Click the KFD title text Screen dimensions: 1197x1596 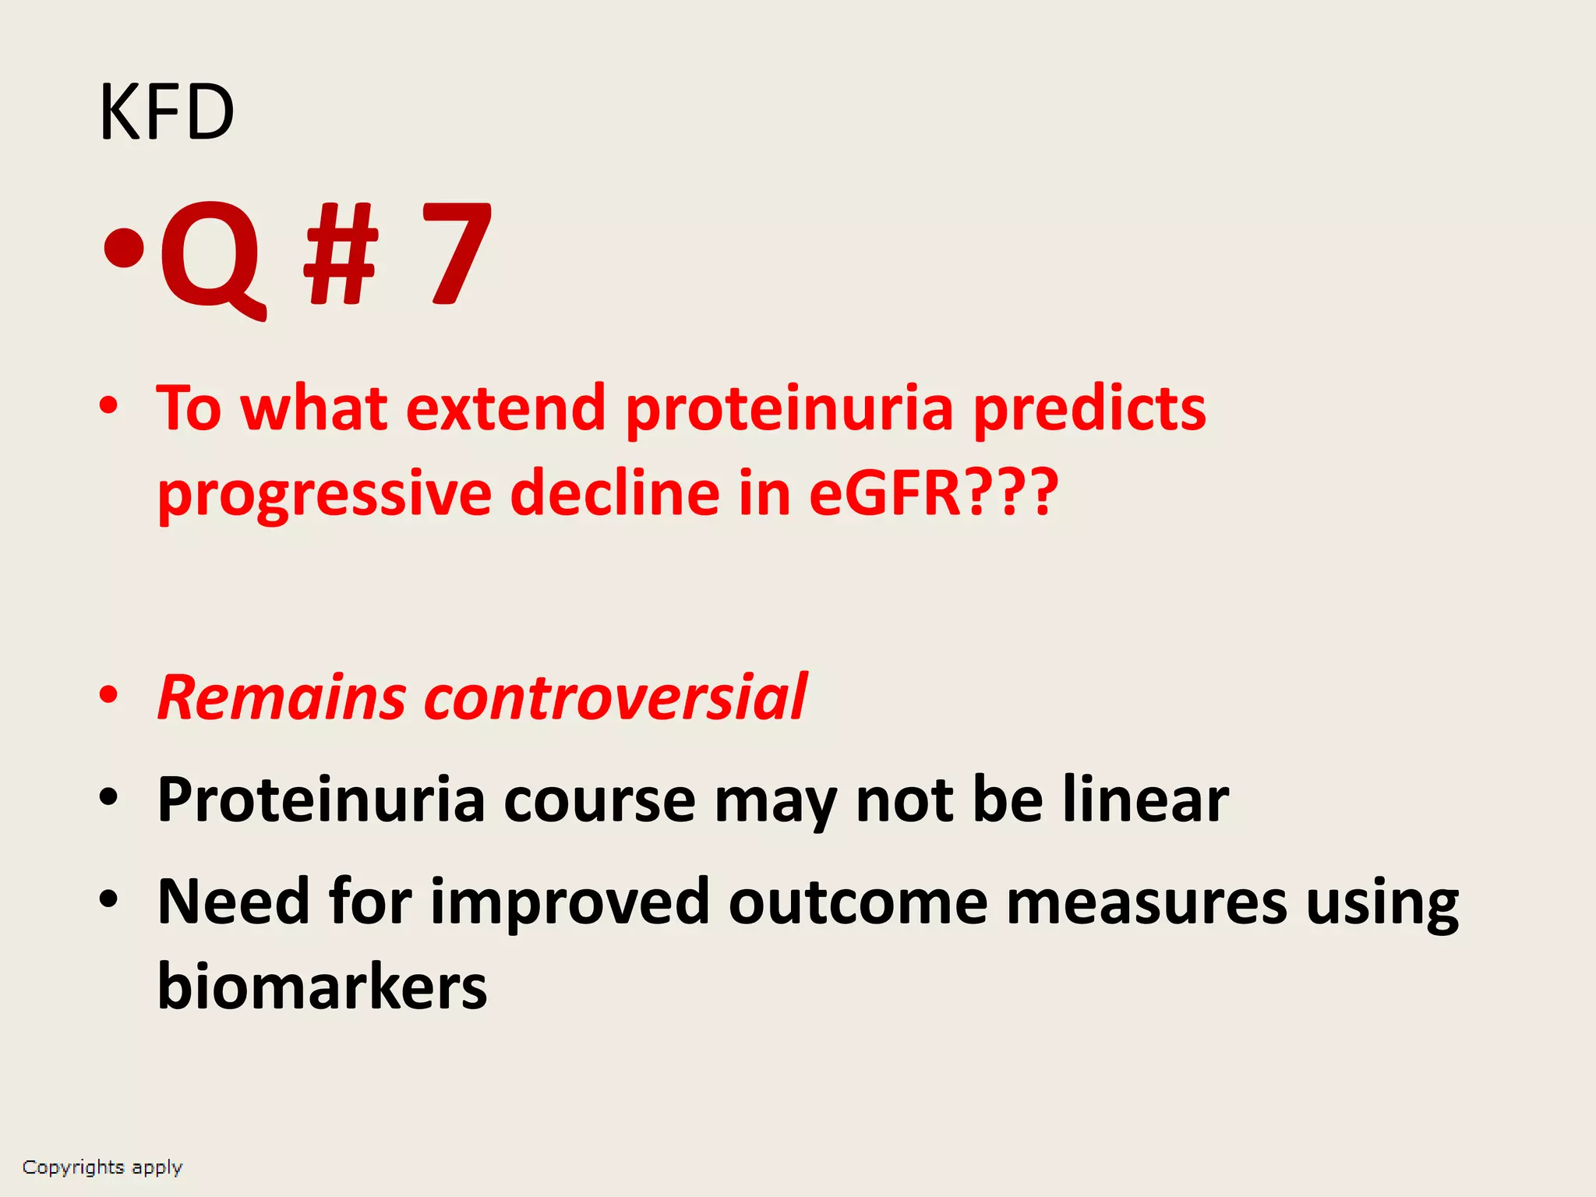coord(167,113)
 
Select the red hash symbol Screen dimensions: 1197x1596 coord(341,254)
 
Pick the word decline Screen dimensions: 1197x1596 coord(614,493)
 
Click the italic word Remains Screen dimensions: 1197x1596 coord(281,697)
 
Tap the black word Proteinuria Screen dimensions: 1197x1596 coord(320,800)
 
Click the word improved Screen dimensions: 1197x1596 coord(569,902)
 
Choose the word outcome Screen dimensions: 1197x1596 coord(858,902)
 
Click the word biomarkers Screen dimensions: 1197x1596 coord(322,986)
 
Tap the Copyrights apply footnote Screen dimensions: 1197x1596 coord(102,1167)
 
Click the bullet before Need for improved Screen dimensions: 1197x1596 coord(108,899)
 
